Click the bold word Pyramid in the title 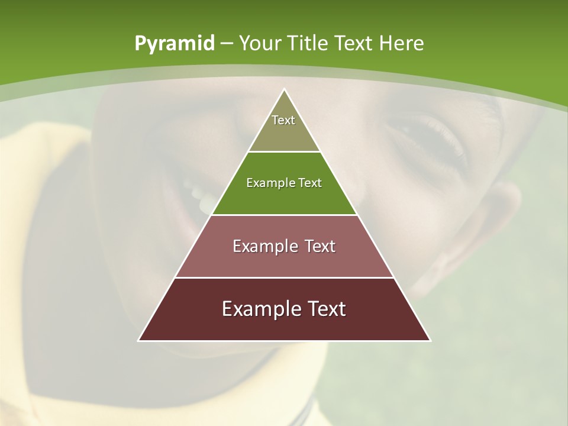tap(175, 44)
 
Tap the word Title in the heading tap(311, 43)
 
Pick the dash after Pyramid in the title tap(226, 44)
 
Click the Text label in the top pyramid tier tap(283, 120)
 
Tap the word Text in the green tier tap(310, 183)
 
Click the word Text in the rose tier tap(321, 246)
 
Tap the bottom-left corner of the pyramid tap(139, 340)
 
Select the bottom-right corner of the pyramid tap(430, 340)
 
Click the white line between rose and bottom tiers tap(284, 277)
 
